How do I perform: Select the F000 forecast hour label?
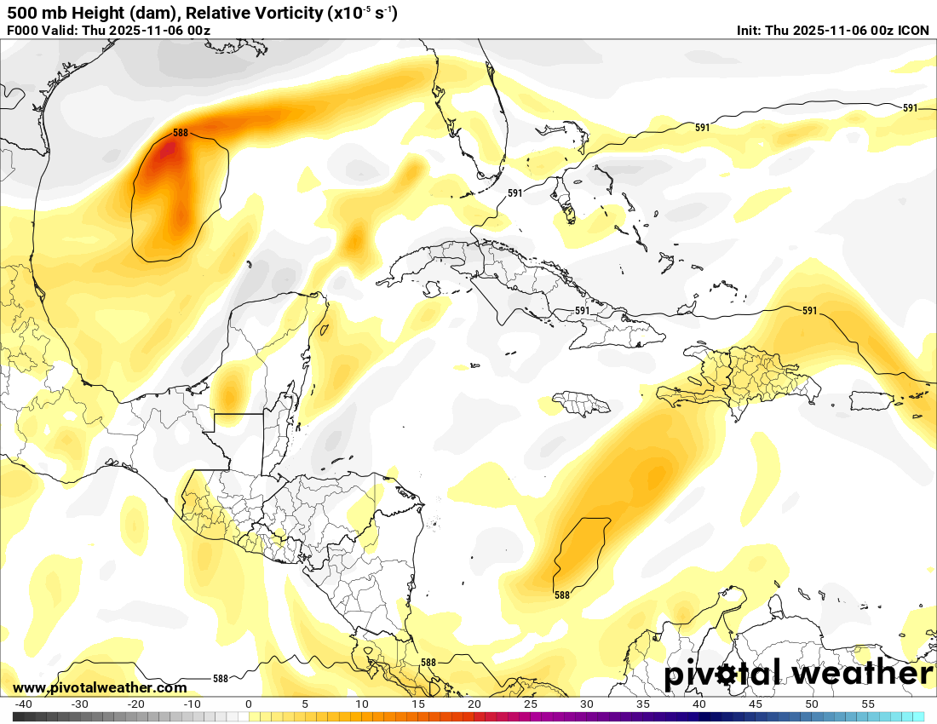(x=22, y=31)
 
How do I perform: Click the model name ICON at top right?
(x=913, y=31)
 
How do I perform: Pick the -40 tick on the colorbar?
(x=23, y=704)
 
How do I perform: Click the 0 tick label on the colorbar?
(x=249, y=704)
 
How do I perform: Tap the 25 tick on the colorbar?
(x=531, y=704)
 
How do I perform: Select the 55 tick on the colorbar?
(x=868, y=704)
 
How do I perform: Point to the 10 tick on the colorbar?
(x=361, y=704)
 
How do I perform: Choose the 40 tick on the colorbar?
(x=699, y=704)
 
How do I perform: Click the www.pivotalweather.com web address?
(x=100, y=687)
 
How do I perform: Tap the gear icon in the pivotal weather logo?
(x=725, y=675)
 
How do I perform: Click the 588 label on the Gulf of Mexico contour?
(x=180, y=133)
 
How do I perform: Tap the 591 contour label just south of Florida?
(x=514, y=193)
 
